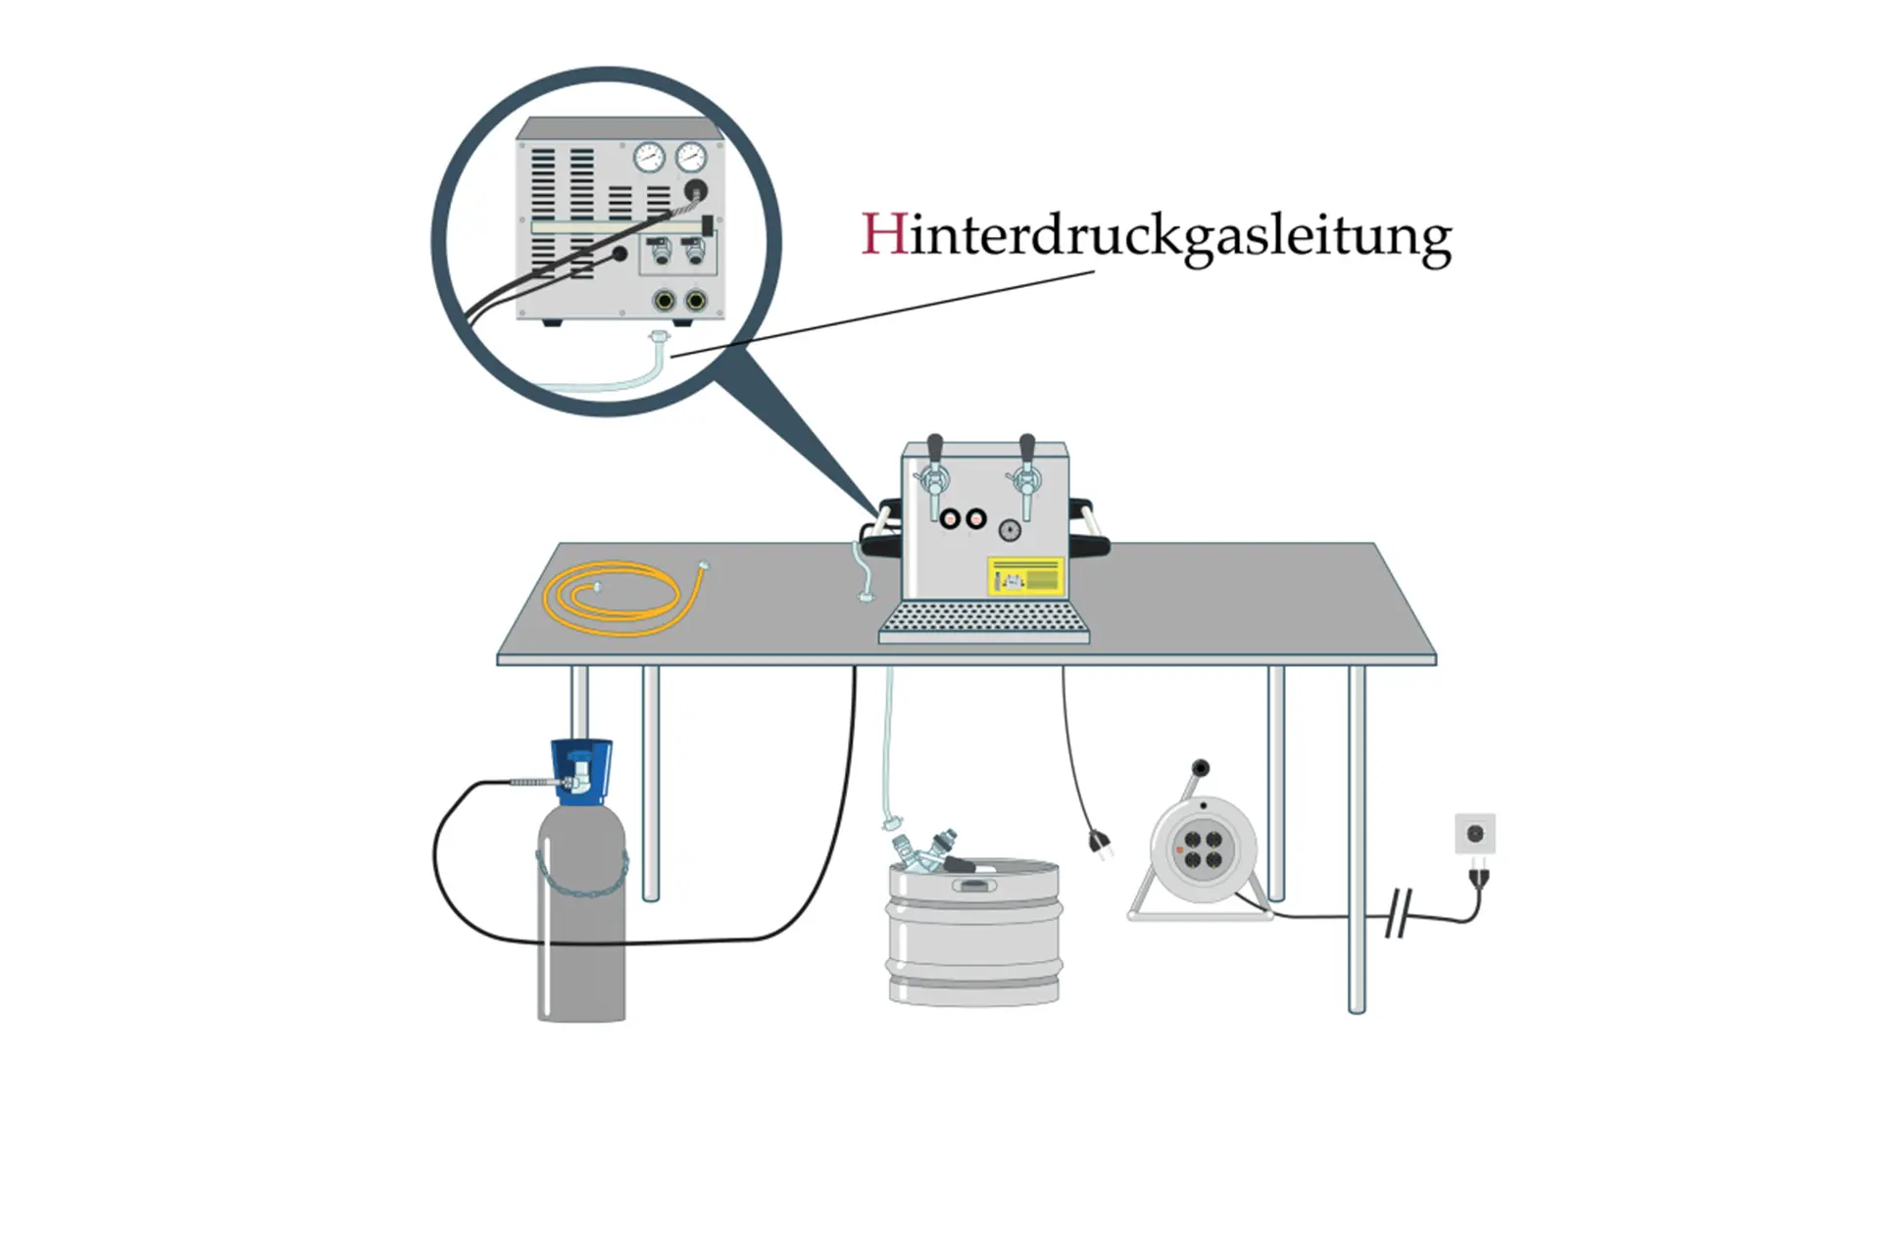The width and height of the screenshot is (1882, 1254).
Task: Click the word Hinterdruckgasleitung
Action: [1157, 237]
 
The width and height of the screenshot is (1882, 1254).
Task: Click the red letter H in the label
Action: [883, 234]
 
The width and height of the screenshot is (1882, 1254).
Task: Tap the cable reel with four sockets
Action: [1203, 849]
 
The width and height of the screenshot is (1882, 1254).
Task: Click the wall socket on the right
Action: [1474, 834]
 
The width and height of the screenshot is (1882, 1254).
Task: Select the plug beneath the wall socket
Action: [1478, 876]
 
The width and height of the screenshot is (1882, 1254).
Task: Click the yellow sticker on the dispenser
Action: [1025, 576]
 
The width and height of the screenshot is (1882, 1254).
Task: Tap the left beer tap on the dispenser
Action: [935, 470]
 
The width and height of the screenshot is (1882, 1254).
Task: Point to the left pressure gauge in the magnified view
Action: [649, 157]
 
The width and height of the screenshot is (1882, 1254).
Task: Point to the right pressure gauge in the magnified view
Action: [691, 157]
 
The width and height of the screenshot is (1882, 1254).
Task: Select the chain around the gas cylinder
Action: [581, 875]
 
